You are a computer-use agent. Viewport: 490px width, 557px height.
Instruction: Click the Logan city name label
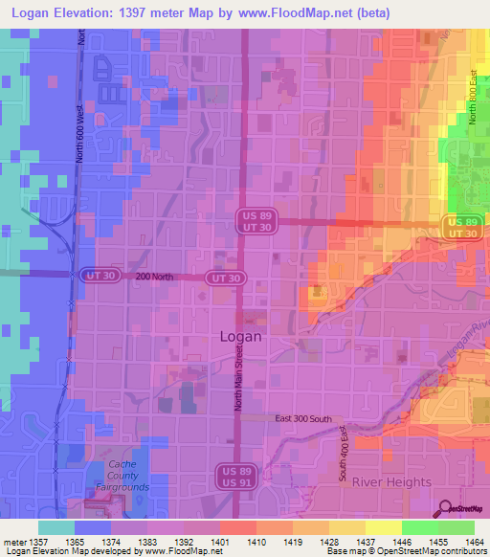(x=240, y=337)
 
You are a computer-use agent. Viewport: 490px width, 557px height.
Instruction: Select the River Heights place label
(x=390, y=482)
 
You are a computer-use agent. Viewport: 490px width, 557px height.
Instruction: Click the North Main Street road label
(x=238, y=379)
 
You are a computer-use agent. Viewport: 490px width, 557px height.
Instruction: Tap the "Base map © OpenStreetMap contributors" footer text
(x=407, y=551)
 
